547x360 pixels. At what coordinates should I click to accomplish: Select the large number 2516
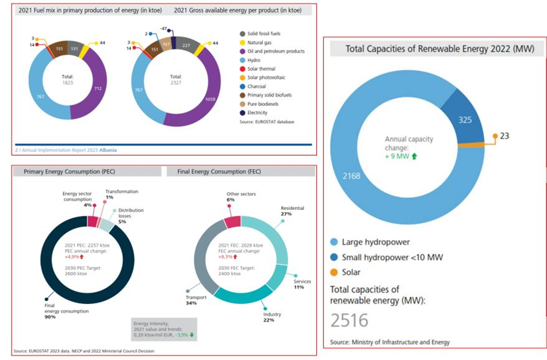coord(349,320)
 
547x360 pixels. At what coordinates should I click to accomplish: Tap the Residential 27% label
coord(293,211)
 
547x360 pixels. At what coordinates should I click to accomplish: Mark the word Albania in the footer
coord(109,150)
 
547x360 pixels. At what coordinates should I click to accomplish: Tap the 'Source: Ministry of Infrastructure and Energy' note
coord(390,342)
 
